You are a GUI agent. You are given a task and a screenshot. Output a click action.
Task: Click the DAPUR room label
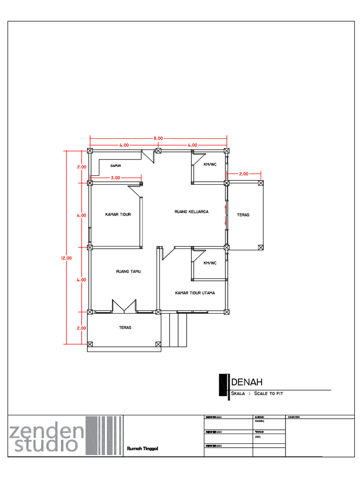tap(116, 165)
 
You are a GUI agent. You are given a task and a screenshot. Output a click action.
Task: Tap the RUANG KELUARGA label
tap(191, 212)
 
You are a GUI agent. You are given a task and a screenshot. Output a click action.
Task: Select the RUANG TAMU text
tap(128, 271)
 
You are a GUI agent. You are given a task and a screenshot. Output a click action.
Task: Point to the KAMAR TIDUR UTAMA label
tap(195, 293)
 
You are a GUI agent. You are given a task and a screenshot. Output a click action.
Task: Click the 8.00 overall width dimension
tap(157, 138)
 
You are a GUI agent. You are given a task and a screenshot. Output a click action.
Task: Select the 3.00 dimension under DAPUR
tap(116, 178)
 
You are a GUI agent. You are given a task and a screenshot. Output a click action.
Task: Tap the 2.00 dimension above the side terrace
tap(244, 174)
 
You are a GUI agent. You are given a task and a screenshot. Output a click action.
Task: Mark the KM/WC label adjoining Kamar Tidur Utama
tap(210, 263)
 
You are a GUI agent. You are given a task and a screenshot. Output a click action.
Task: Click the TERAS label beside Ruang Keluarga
tap(243, 215)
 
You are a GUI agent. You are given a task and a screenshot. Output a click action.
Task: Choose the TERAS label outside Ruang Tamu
tap(125, 328)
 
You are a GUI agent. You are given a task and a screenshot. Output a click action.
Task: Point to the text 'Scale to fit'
tap(269, 394)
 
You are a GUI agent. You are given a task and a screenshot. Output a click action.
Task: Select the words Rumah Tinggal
tap(142, 449)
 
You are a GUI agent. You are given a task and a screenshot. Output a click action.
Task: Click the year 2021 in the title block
tap(257, 436)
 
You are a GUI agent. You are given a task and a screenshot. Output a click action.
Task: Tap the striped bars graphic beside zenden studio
tap(104, 435)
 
